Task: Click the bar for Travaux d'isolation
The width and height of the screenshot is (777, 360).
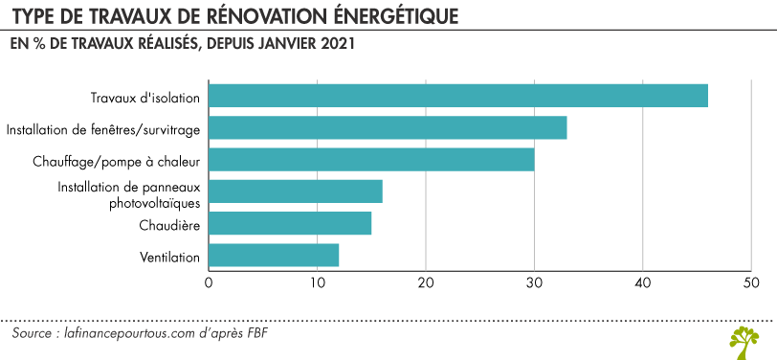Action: [x=457, y=96]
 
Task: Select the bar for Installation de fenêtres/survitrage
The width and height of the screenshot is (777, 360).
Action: [x=388, y=127]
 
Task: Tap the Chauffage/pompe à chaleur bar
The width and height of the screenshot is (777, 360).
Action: [x=371, y=159]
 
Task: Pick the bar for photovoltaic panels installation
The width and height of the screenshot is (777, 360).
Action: [x=295, y=191]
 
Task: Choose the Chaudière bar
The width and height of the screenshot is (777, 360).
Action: [x=289, y=223]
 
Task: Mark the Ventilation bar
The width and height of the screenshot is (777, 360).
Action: [x=273, y=256]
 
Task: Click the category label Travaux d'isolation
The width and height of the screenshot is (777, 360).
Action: [x=144, y=97]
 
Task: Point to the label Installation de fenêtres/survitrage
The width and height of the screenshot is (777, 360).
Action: [x=103, y=128]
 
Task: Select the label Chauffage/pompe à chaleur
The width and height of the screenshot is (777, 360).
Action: [x=122, y=160]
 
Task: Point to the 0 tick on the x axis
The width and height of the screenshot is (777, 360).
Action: [x=209, y=282]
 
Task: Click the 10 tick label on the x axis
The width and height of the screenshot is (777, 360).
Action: [x=317, y=282]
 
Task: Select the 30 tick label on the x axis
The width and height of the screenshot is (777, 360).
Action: [x=534, y=282]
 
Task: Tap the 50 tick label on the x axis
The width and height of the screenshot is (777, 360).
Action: [x=751, y=282]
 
